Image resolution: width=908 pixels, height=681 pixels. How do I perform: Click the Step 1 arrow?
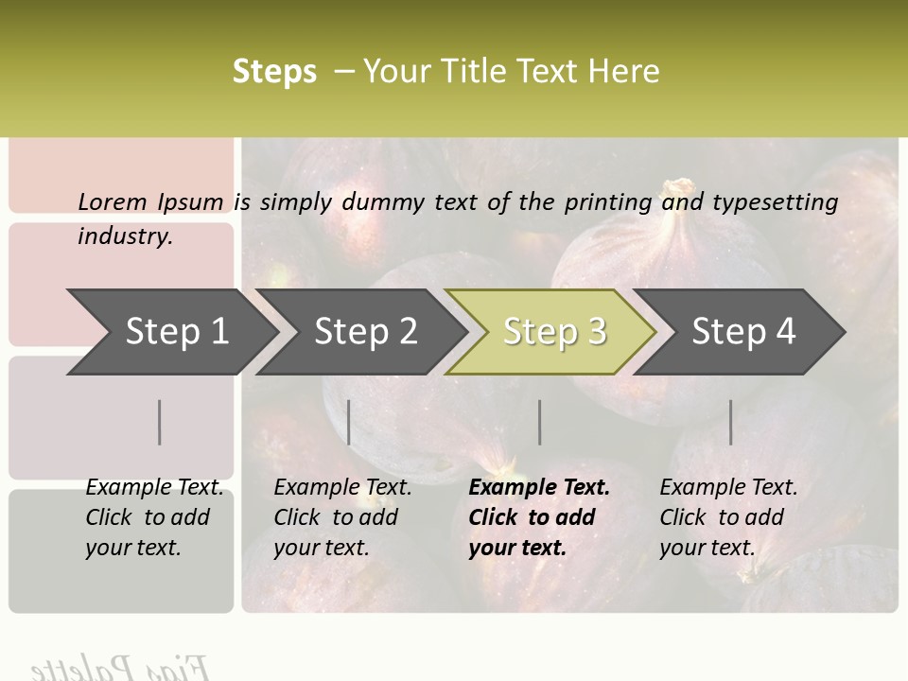pyautogui.click(x=175, y=332)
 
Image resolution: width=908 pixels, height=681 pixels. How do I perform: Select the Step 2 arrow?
pyautogui.click(x=364, y=332)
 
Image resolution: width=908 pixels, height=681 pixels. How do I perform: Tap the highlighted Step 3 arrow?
pyautogui.click(x=553, y=332)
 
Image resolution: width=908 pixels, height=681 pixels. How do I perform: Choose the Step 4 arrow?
pyautogui.click(x=742, y=332)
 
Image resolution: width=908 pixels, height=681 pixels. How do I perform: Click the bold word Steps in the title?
pyautogui.click(x=274, y=72)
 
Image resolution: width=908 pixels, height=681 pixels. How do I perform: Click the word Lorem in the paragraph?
pyautogui.click(x=112, y=201)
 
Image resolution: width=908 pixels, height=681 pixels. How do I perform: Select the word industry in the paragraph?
pyautogui.click(x=123, y=236)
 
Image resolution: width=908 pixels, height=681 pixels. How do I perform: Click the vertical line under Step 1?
pyautogui.click(x=160, y=422)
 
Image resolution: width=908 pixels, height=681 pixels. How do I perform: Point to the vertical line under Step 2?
pyautogui.click(x=349, y=422)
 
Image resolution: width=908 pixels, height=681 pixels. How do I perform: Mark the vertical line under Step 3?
pyautogui.click(x=540, y=422)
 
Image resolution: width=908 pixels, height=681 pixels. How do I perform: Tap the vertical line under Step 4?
pyautogui.click(x=730, y=422)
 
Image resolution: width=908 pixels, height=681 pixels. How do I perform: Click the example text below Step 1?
pyautogui.click(x=154, y=517)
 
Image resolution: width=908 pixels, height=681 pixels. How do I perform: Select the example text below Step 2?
pyautogui.click(x=342, y=517)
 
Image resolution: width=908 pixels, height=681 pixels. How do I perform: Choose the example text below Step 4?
pyautogui.click(x=728, y=517)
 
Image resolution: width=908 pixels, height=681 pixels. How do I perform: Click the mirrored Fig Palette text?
pyautogui.click(x=118, y=667)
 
